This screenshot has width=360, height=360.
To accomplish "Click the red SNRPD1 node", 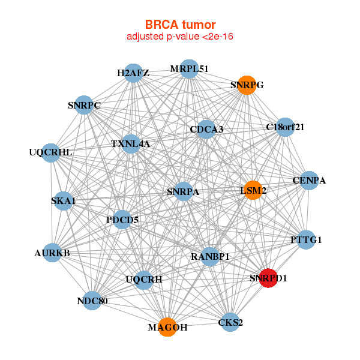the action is [268, 278].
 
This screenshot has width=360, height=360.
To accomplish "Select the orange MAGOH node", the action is [167, 327].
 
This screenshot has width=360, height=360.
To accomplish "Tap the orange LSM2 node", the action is [253, 190].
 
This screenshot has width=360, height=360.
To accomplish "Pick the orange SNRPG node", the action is [247, 85].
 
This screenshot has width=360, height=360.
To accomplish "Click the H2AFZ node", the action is [133, 73].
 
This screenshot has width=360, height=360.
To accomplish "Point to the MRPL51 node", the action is [189, 68].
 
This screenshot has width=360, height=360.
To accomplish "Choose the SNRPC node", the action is [84, 106].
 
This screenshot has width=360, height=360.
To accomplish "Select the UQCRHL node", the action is [51, 152].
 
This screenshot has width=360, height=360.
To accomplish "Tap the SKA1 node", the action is [63, 201].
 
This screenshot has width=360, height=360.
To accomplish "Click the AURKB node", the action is [52, 253].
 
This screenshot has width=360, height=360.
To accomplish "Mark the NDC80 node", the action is [92, 301].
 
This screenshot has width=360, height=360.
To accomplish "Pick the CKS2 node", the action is [231, 323].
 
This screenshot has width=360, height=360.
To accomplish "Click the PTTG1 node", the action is [306, 240].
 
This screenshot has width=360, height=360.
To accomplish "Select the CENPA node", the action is [309, 180].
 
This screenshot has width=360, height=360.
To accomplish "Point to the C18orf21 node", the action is [285, 127].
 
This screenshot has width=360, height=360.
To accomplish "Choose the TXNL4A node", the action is [130, 144].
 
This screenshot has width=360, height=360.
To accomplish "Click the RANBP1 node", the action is [211, 256].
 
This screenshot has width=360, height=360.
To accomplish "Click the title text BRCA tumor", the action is [180, 25].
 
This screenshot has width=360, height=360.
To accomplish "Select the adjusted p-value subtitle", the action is [180, 37].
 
